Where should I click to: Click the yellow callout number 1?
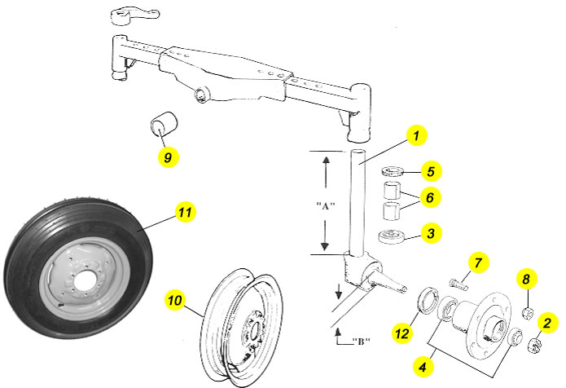click(x=415, y=135)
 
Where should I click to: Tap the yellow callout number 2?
click(x=548, y=324)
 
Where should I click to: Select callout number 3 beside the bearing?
click(x=432, y=234)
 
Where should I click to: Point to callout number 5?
click(x=432, y=171)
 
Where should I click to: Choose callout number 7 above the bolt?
click(x=479, y=262)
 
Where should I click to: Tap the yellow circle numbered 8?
click(x=526, y=280)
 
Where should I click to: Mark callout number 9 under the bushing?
click(x=167, y=157)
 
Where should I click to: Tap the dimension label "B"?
click(x=357, y=341)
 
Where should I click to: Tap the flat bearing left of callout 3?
click(x=393, y=237)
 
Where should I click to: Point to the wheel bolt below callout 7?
click(x=459, y=283)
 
